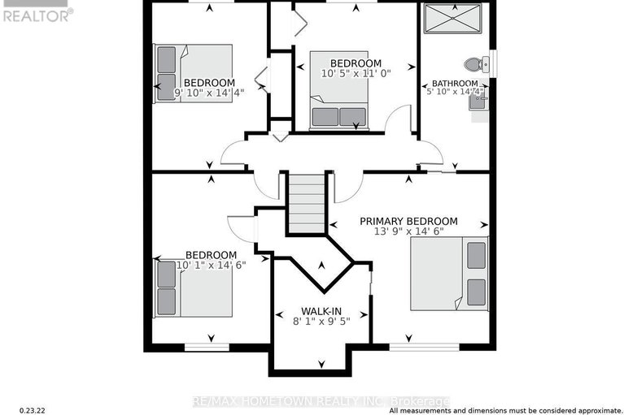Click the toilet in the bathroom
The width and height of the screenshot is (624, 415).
[473, 63]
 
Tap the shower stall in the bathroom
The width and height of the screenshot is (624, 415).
[456, 20]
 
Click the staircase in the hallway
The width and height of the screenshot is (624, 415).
[308, 203]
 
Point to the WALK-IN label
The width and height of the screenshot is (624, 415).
[320, 311]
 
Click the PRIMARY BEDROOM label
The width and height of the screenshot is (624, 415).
[408, 221]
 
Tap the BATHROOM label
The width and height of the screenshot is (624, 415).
[455, 84]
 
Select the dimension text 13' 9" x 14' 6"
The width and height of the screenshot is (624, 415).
[408, 232]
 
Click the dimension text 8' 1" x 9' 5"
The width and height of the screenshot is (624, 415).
[320, 322]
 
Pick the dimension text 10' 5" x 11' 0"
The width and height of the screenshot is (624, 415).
[356, 74]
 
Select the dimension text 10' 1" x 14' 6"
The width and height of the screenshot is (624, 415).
[212, 264]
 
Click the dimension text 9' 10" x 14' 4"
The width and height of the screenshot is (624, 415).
[210, 93]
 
